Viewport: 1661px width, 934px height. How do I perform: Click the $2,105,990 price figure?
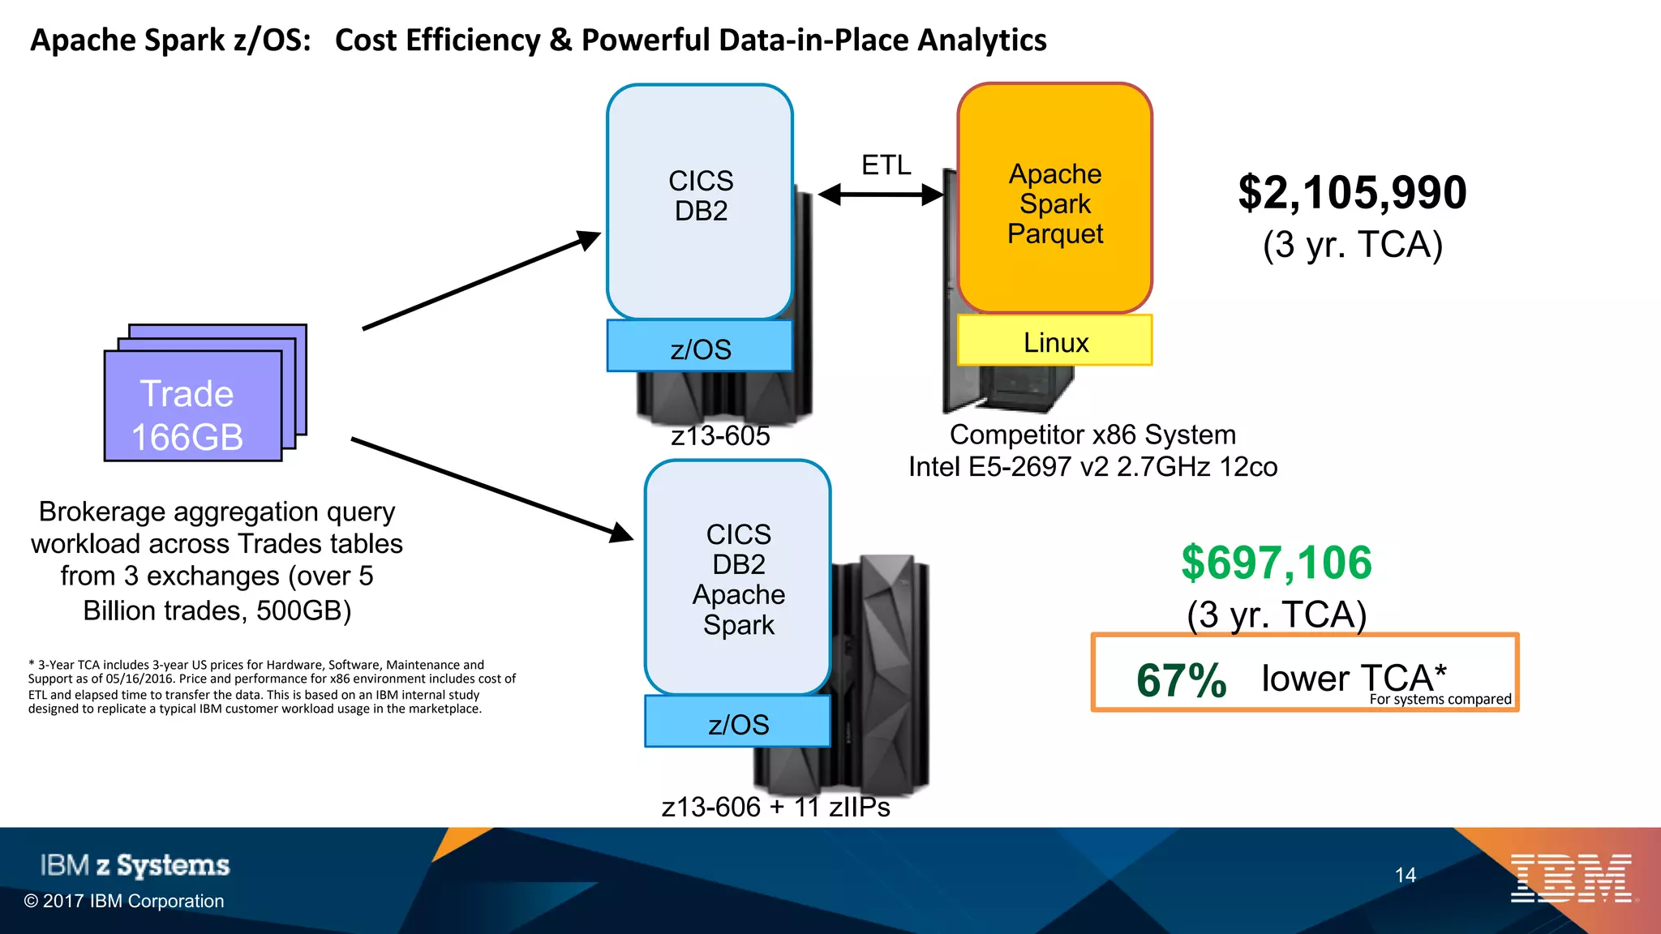tap(1352, 193)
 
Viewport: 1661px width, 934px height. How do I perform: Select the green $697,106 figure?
tap(1277, 563)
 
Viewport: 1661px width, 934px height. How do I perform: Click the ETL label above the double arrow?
tap(886, 165)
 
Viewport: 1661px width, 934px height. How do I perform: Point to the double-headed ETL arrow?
tap(881, 195)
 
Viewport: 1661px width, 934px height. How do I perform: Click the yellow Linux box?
tap(1054, 341)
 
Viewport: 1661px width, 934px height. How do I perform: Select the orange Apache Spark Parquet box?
tap(1054, 199)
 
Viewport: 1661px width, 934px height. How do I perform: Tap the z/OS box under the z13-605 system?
tap(700, 347)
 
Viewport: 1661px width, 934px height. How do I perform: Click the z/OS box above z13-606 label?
tap(737, 722)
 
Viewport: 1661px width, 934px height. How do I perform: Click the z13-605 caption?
tap(720, 436)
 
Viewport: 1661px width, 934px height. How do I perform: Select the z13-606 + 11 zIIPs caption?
tap(775, 808)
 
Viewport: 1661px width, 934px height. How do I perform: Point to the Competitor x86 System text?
tap(1092, 435)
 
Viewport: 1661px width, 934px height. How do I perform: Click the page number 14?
tap(1406, 876)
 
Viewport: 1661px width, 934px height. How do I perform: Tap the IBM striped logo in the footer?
tap(1571, 878)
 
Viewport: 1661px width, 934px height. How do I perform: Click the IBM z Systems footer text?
tap(135, 865)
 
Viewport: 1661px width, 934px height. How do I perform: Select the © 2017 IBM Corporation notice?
tap(124, 902)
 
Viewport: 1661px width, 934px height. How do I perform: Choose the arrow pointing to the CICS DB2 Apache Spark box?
tap(491, 489)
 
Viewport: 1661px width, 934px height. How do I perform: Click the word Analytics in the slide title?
tap(981, 40)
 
